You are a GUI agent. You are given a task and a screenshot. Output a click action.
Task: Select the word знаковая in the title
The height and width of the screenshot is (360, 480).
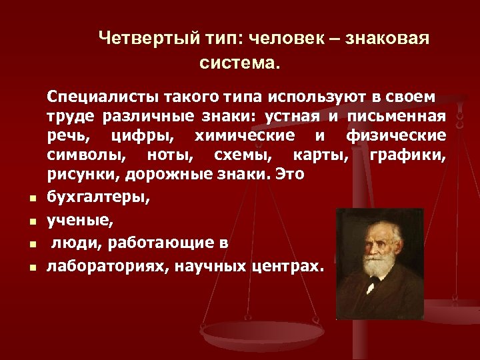point(391,38)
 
